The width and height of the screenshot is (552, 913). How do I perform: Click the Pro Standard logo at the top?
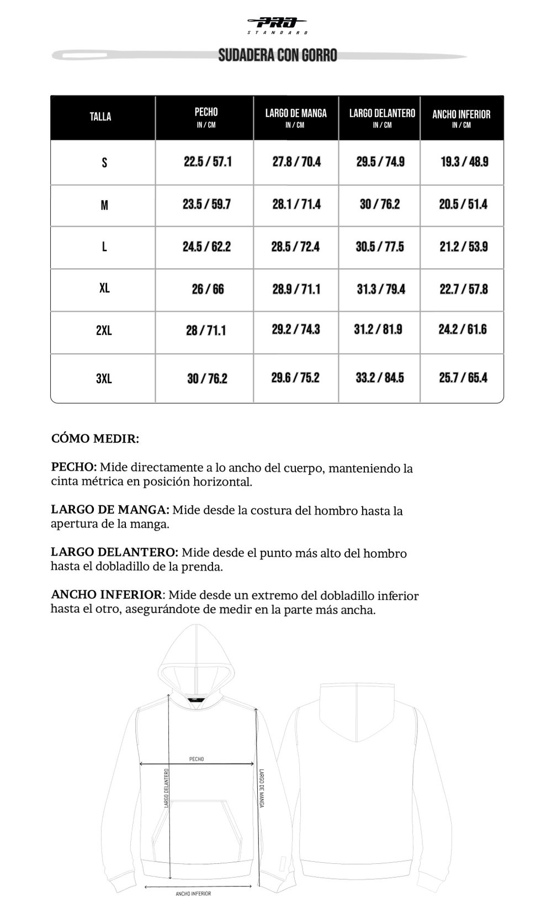click(278, 24)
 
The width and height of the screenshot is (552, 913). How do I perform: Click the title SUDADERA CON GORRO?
click(278, 55)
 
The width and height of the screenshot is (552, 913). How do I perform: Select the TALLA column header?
click(100, 117)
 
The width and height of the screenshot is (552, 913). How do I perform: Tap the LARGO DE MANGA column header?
click(296, 114)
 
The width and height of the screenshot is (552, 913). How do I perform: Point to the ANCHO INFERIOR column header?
click(461, 115)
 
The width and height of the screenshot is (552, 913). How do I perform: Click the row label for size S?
click(104, 163)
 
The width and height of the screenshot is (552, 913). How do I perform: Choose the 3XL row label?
click(104, 378)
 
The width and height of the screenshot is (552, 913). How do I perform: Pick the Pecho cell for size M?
click(207, 205)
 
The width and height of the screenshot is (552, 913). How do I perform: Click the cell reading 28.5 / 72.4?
click(295, 247)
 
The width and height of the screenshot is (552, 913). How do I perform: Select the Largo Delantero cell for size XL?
click(381, 289)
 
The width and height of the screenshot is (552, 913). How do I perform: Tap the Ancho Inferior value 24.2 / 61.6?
click(463, 329)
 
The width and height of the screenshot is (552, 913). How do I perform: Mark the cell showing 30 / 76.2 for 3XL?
click(207, 378)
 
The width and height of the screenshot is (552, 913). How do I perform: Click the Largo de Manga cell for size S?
click(296, 162)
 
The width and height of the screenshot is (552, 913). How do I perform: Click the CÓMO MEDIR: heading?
click(95, 439)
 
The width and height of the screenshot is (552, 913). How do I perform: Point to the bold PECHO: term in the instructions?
click(74, 467)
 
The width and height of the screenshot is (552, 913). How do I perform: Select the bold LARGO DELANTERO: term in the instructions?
click(114, 553)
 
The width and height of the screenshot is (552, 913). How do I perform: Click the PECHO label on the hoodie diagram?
click(197, 759)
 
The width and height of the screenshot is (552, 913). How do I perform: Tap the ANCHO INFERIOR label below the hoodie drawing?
click(193, 894)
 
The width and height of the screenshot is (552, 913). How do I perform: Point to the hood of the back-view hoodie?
click(358, 712)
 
